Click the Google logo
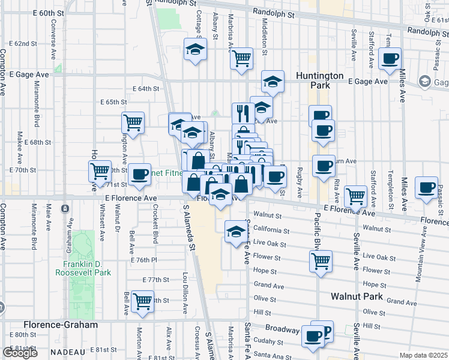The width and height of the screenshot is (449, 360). pyautogui.click(x=20, y=353)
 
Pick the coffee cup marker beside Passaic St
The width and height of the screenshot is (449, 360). pyautogui.click(x=427, y=187)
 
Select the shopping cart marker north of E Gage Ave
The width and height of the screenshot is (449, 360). pyautogui.click(x=241, y=59)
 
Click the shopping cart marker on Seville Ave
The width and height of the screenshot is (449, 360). pyautogui.click(x=356, y=196)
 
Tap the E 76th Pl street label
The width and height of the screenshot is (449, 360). pyautogui.click(x=143, y=260)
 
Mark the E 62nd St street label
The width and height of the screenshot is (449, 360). pyautogui.click(x=23, y=44)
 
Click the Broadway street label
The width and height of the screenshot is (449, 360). pyautogui.click(x=282, y=329)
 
